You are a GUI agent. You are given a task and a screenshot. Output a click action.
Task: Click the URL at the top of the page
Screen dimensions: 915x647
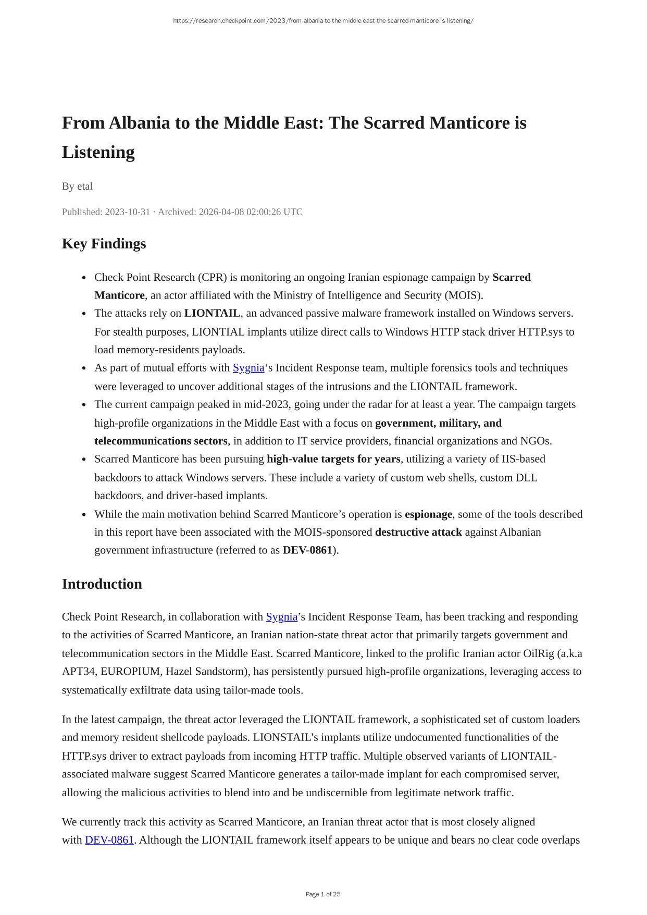pos(323,21)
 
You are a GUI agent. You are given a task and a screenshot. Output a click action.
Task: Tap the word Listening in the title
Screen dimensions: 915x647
pos(98,152)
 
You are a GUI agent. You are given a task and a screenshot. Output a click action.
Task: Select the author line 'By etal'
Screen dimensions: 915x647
pos(77,186)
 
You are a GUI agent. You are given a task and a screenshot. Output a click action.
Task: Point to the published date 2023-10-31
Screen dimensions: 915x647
pos(127,212)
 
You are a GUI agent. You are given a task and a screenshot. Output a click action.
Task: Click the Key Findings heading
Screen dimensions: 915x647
pos(104,244)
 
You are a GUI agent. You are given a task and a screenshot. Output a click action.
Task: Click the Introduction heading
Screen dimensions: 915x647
pos(102,584)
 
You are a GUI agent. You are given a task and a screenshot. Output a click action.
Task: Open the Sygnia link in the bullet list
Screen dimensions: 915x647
pos(248,368)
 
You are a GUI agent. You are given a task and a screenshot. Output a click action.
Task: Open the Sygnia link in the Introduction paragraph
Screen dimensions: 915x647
pos(281,617)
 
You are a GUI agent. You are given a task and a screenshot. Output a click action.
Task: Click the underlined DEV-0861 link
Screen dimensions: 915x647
pos(109,840)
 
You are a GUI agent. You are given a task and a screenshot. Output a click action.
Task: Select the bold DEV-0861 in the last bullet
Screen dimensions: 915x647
pos(307,550)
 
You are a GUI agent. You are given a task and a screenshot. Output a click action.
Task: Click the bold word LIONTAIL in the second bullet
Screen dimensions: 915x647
pos(212,313)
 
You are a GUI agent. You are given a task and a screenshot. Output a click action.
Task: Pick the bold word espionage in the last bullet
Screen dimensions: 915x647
pos(428,514)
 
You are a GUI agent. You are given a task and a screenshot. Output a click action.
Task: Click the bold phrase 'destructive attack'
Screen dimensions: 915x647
pos(418,532)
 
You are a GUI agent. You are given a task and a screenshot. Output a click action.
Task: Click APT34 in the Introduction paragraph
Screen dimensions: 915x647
pos(78,672)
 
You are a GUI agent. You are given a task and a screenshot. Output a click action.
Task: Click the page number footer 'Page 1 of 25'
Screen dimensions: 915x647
pos(323,894)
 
